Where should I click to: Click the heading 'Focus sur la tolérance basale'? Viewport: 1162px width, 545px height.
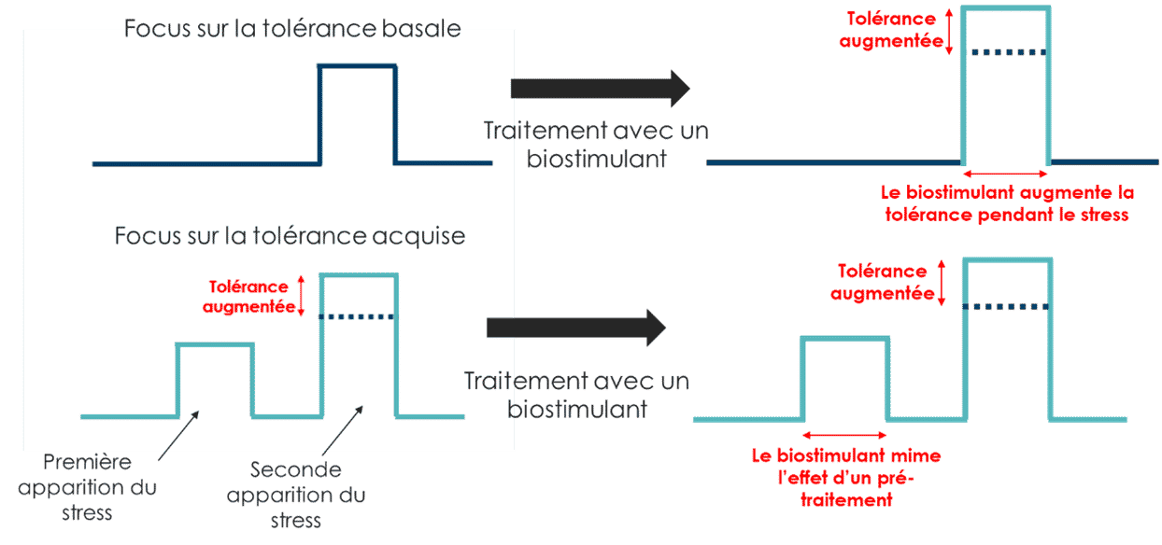click(292, 29)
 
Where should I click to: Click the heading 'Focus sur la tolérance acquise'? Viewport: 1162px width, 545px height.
click(290, 236)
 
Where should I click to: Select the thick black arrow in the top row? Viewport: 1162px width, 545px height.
click(601, 89)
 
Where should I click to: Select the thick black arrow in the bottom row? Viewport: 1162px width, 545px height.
click(576, 328)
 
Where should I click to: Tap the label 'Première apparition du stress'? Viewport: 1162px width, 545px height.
click(87, 487)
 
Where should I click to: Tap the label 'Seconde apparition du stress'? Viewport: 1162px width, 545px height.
click(296, 495)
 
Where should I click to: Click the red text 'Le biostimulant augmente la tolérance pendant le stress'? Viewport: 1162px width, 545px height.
click(1007, 203)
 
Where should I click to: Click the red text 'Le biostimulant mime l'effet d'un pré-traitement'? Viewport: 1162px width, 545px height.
click(846, 478)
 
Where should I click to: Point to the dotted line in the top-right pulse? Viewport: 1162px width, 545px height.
click(1009, 52)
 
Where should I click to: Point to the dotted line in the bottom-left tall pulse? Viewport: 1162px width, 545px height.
click(357, 316)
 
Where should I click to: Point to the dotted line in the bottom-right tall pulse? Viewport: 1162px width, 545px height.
click(1006, 307)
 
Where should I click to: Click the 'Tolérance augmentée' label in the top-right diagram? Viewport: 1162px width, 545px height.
click(891, 30)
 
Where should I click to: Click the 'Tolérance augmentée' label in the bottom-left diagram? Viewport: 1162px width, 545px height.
click(249, 297)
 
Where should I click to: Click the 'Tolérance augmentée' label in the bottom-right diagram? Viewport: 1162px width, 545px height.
click(883, 283)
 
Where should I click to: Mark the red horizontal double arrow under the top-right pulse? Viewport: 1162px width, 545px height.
click(1005, 174)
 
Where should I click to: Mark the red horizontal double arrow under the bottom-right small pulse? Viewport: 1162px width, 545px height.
click(844, 435)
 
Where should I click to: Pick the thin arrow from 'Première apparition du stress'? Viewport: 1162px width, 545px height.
click(178, 436)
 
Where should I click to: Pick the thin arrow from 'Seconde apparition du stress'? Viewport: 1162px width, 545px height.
click(343, 430)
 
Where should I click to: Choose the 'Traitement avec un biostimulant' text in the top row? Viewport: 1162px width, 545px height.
click(596, 145)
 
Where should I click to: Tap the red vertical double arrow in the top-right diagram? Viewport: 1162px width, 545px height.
click(949, 32)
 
